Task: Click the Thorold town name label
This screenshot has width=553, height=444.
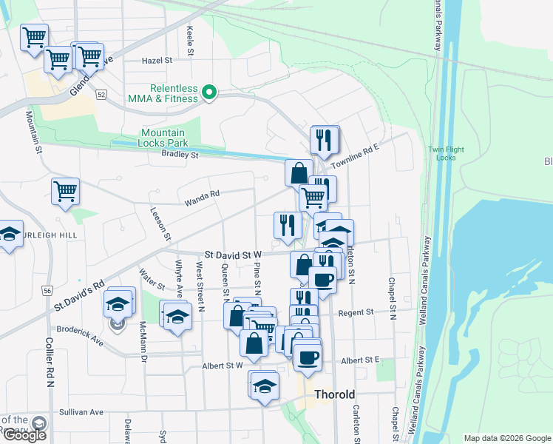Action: [334, 394]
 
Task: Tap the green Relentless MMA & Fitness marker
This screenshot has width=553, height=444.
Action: [209, 92]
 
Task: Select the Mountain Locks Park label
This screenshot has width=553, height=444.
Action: [164, 138]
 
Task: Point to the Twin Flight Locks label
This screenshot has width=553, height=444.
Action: [446, 154]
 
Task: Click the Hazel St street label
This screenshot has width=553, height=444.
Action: [157, 61]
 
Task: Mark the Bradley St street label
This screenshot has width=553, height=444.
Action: [180, 155]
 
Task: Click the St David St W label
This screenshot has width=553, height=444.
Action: [234, 254]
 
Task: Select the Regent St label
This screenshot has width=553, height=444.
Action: [356, 313]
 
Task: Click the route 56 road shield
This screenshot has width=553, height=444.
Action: [47, 292]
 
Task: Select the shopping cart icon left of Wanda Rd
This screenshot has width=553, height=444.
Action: [66, 191]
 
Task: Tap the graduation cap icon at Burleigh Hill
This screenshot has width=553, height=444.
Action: [10, 234]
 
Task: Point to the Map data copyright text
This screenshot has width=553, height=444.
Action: [506, 438]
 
